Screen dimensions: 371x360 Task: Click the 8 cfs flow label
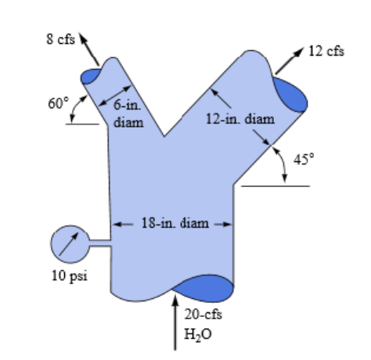pyautogui.click(x=61, y=39)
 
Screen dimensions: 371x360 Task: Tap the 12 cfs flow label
pyautogui.click(x=326, y=51)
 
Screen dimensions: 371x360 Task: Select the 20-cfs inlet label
pyautogui.click(x=204, y=314)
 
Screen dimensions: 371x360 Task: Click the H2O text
pyautogui.click(x=198, y=334)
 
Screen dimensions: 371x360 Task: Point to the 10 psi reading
pyautogui.click(x=70, y=276)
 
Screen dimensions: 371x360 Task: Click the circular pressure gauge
pyautogui.click(x=70, y=244)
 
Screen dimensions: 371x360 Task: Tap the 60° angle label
pyautogui.click(x=59, y=103)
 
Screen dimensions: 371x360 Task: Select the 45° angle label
pyautogui.click(x=304, y=159)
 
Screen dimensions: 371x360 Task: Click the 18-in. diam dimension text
pyautogui.click(x=175, y=223)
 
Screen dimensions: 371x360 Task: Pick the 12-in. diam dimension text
pyautogui.click(x=240, y=119)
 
